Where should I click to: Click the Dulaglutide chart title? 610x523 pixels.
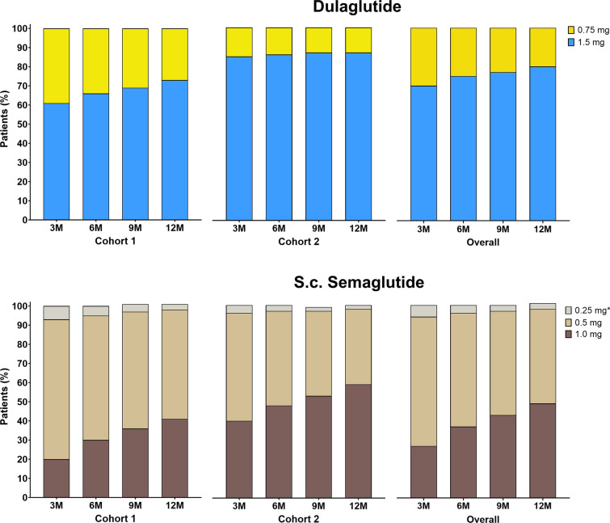(357, 7)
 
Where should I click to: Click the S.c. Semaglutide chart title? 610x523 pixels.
(359, 282)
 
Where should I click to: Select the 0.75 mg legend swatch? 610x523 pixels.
(571, 30)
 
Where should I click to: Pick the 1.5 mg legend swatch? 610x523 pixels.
(571, 42)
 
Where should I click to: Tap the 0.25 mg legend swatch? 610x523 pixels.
(568, 310)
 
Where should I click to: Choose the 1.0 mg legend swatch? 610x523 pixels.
(568, 335)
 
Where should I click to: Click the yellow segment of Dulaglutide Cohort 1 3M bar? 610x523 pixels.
(57, 66)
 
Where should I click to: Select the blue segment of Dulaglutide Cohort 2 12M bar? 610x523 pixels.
(358, 136)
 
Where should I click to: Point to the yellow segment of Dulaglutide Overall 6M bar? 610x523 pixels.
(463, 53)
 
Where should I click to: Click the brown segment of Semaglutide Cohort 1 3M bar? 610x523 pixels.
(57, 479)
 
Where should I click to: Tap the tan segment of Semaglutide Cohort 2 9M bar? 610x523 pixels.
(318, 354)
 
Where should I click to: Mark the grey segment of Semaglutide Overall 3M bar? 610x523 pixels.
(423, 311)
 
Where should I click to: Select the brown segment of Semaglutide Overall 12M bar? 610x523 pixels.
(543, 450)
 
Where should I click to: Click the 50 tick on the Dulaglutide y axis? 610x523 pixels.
(22, 124)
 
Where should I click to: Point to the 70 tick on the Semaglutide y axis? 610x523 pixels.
(22, 364)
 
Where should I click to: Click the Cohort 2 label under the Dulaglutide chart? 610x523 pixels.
(299, 242)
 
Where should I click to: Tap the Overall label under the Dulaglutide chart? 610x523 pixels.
(483, 242)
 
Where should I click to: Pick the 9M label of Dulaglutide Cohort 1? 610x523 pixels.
(135, 228)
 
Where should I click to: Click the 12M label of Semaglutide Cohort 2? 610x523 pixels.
(358, 506)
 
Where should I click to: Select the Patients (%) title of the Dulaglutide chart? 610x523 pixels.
(5, 119)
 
